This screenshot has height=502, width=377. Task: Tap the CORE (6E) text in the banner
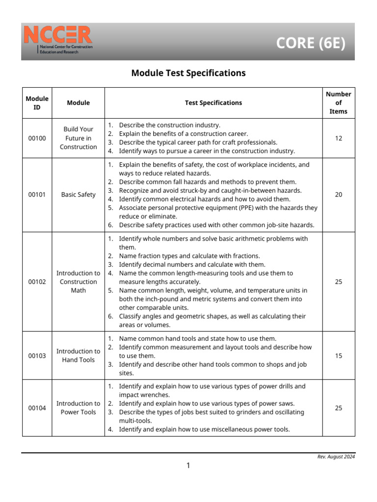[x=310, y=43]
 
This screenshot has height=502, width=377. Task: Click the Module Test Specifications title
[x=188, y=73]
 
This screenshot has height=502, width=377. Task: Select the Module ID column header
[x=37, y=103]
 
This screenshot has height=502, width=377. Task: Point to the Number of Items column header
[x=338, y=103]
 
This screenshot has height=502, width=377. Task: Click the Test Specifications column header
[x=213, y=103]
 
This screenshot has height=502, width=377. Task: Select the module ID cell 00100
[x=37, y=138]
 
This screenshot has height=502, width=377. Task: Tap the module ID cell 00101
[x=37, y=195]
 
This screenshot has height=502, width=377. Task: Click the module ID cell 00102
[x=37, y=282]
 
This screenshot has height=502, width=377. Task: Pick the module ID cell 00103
[x=37, y=356]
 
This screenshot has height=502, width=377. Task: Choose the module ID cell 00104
[x=37, y=408]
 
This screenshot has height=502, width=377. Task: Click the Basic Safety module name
[x=78, y=195]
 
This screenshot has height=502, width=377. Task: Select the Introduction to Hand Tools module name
[x=78, y=356]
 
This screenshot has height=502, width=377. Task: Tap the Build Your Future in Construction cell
[x=78, y=138]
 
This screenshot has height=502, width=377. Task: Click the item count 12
[x=338, y=138]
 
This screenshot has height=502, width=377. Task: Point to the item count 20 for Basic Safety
[x=338, y=195]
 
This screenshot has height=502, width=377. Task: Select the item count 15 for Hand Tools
[x=338, y=356]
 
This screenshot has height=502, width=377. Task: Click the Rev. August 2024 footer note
[x=336, y=457]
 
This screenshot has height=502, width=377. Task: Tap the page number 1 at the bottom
[x=188, y=466]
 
